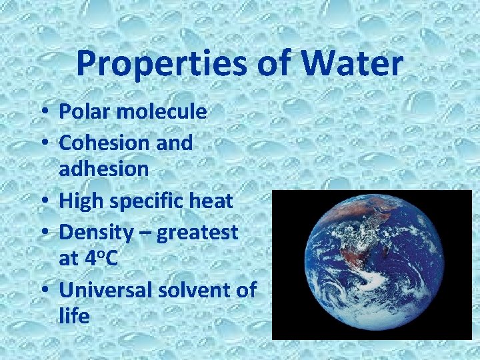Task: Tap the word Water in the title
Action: point(354,64)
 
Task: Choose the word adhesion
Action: point(103,168)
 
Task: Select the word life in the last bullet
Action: point(73,316)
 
